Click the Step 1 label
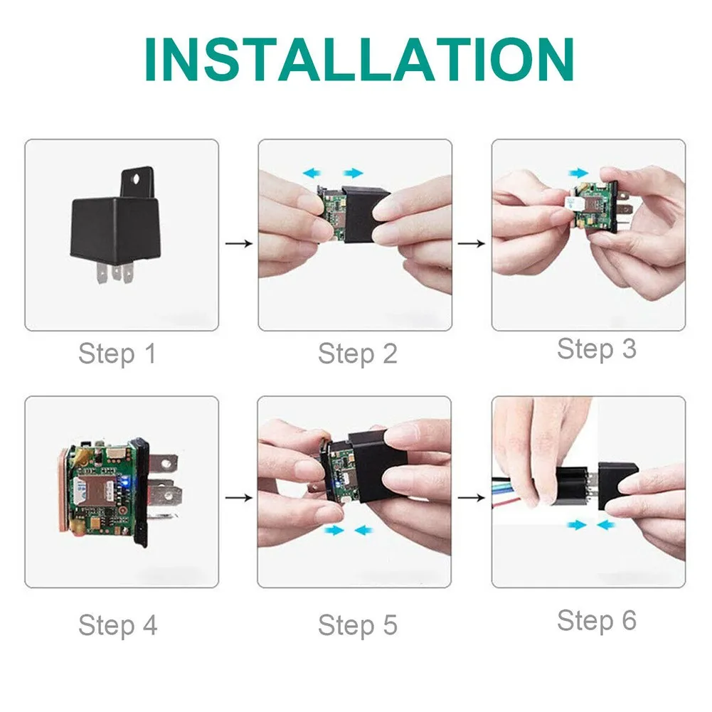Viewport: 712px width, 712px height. (x=117, y=354)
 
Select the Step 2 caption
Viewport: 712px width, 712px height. (x=357, y=354)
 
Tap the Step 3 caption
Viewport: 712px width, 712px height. (x=596, y=349)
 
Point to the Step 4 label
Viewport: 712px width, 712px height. (x=117, y=625)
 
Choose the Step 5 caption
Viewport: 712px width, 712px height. (x=357, y=625)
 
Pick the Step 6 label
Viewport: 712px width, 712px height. (x=596, y=620)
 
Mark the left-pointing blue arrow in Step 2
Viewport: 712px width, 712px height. (x=312, y=172)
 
